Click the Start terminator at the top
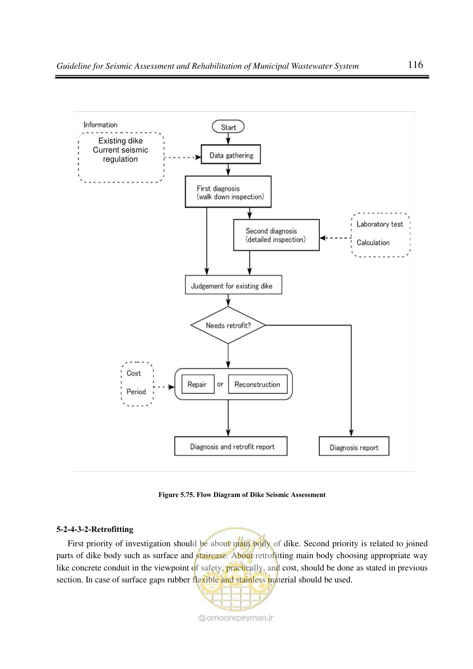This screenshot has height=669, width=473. click(x=228, y=127)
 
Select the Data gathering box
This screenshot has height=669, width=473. click(x=231, y=155)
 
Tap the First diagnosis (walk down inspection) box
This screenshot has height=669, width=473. click(x=228, y=192)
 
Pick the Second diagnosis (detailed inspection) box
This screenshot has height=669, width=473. click(x=276, y=235)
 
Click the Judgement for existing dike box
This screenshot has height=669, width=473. click(x=233, y=285)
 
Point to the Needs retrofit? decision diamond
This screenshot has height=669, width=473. click(x=228, y=325)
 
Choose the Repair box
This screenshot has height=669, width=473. click(x=198, y=384)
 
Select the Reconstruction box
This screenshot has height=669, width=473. click(x=258, y=384)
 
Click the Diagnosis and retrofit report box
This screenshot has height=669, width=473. click(x=231, y=446)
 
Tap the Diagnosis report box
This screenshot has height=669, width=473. click(x=354, y=446)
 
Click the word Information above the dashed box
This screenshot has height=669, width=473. click(x=100, y=125)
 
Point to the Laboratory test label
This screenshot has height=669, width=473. click(x=380, y=224)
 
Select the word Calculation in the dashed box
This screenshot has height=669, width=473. click(x=373, y=242)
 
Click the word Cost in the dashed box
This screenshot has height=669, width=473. click(x=133, y=373)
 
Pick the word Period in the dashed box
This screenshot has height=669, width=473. click(x=136, y=392)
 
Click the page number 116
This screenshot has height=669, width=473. click(x=415, y=65)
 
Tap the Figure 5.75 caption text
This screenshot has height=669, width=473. click(x=242, y=495)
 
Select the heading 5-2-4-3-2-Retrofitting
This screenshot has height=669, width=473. click(x=95, y=529)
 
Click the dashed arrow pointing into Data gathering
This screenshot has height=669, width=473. click(x=182, y=157)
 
